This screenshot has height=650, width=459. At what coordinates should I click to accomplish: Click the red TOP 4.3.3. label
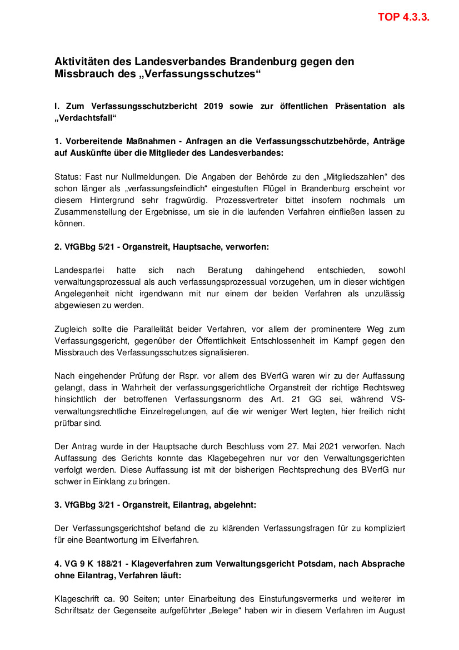[x=403, y=17]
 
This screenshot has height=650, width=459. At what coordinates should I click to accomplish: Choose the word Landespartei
[x=78, y=270]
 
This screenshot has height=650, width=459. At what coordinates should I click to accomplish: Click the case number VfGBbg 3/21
[x=86, y=505]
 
